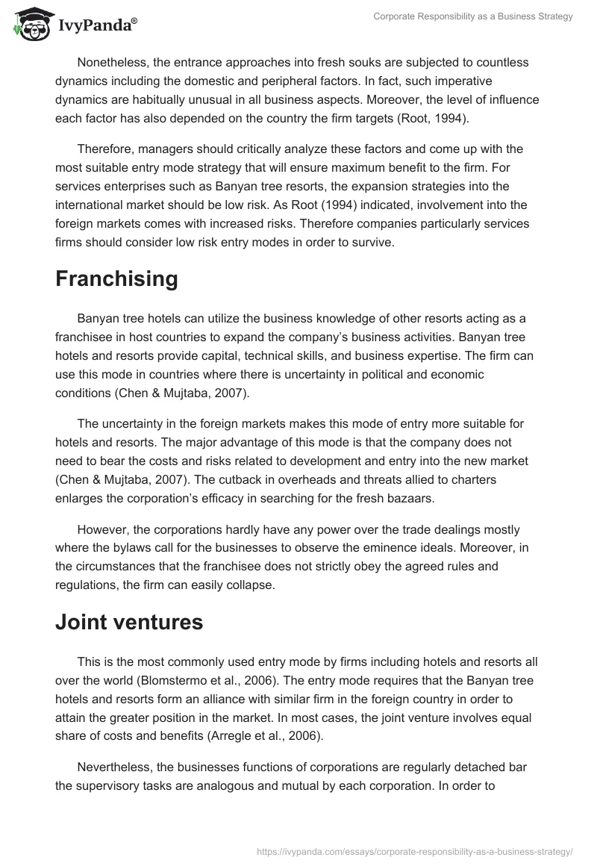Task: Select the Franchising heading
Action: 116,279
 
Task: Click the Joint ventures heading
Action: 129,622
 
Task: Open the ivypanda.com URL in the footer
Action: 415,851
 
